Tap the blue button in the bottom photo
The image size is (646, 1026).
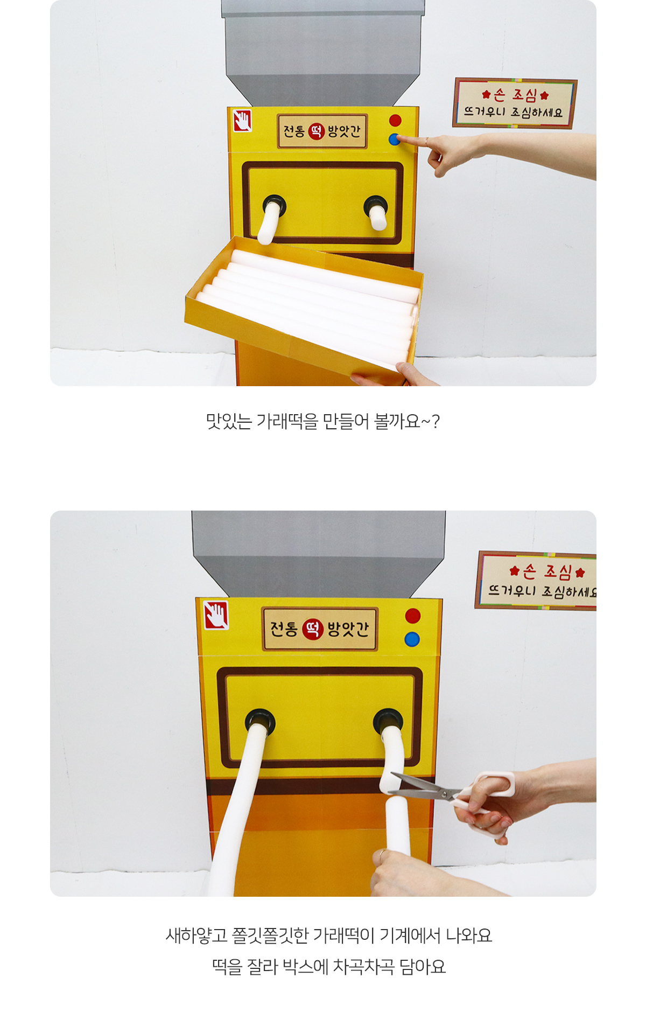[x=412, y=639]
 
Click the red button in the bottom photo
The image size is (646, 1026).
[x=413, y=616]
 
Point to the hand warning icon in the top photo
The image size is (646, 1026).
[x=242, y=120]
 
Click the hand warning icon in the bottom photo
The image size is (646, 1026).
[x=216, y=615]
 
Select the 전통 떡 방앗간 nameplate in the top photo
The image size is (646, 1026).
[x=322, y=131]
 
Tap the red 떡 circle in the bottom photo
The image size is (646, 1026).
[x=312, y=629]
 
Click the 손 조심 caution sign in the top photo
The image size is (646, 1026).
[x=515, y=103]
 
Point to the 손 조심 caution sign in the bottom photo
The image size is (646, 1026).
[x=536, y=581]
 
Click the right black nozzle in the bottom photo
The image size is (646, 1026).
[x=388, y=721]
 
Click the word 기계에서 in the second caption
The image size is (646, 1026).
[x=410, y=936]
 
